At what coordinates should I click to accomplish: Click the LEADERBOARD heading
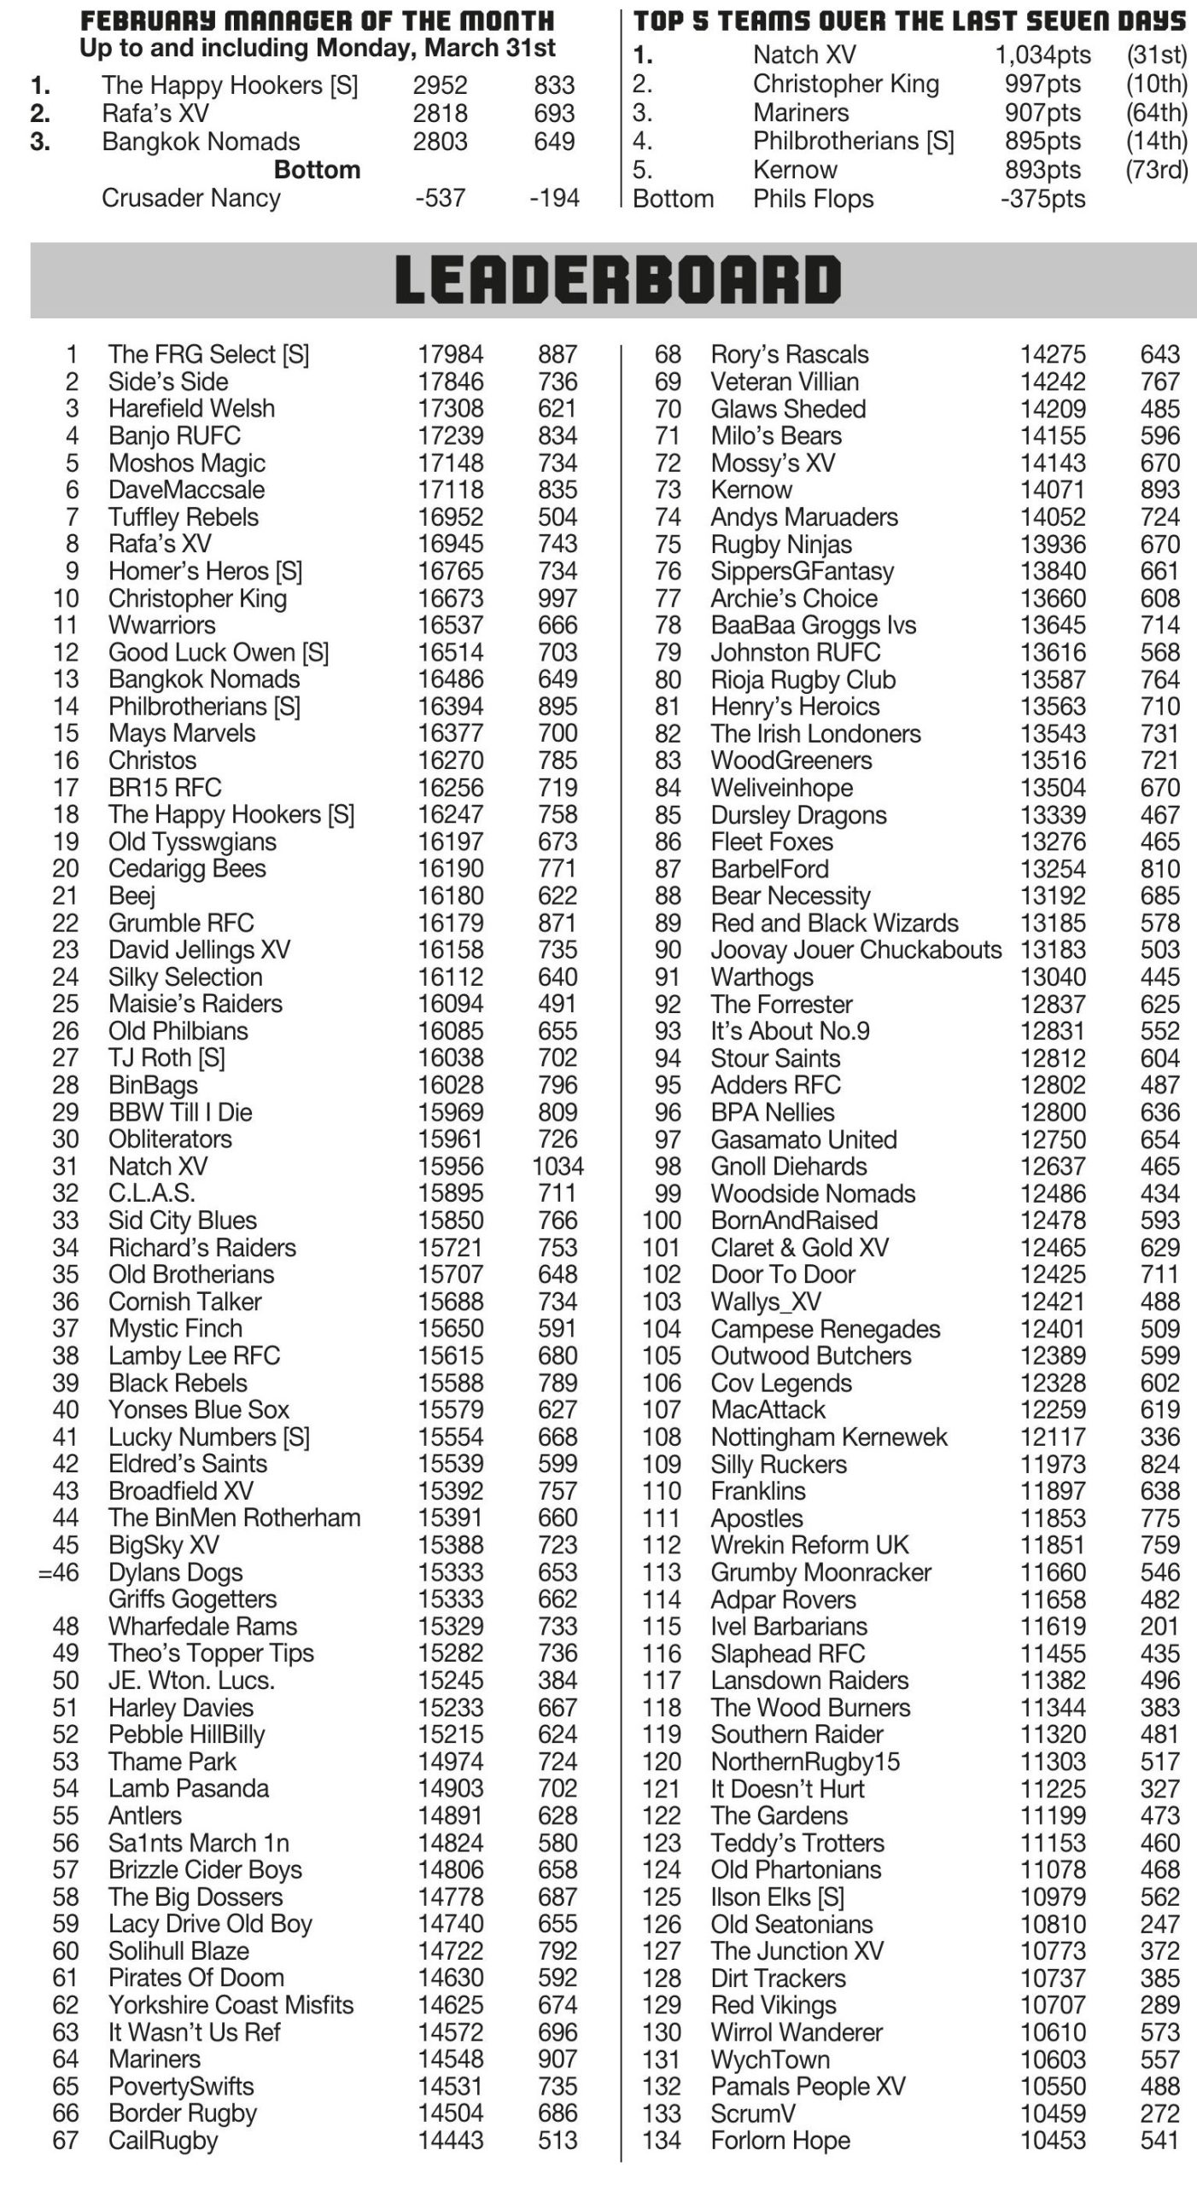tap(617, 281)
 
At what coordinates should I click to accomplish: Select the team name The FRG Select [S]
tap(208, 354)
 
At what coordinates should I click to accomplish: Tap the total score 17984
tap(450, 354)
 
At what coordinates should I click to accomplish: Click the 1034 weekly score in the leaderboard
tap(558, 1166)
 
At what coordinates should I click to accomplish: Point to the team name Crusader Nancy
tap(190, 198)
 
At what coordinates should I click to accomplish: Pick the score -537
tap(440, 198)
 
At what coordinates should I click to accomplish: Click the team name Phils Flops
tap(813, 199)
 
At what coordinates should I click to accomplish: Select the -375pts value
tap(1042, 199)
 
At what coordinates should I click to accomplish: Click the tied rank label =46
tap(58, 1572)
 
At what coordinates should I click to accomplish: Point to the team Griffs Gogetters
tap(192, 1599)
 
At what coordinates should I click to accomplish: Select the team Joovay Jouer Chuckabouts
tap(855, 950)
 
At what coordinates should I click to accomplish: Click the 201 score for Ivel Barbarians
tap(1159, 1626)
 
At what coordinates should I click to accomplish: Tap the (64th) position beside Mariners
tap(1157, 113)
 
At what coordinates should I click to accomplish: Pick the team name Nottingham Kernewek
tap(829, 1437)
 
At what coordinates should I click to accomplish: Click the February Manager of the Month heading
tap(317, 20)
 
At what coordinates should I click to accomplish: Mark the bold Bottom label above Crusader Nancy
tap(317, 170)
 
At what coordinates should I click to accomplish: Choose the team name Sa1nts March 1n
tap(198, 1843)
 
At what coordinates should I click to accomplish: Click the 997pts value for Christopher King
tap(1042, 84)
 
